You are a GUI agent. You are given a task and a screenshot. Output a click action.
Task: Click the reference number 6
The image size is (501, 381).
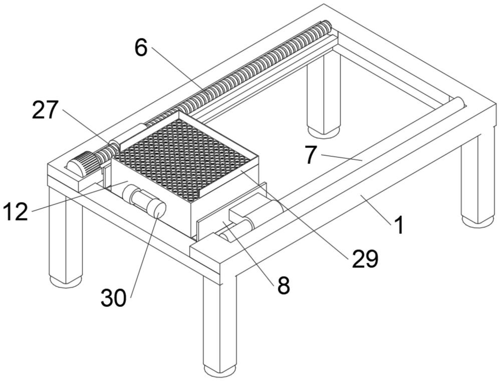[141, 48]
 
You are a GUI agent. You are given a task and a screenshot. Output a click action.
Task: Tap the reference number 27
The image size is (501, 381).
[46, 110]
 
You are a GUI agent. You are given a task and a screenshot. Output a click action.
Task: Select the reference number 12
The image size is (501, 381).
[15, 212]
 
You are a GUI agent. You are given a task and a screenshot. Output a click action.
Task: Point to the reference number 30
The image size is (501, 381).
[114, 298]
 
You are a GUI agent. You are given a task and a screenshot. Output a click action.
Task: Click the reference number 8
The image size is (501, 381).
[284, 286]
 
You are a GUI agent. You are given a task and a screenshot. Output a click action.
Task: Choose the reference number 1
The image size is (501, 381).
[398, 225]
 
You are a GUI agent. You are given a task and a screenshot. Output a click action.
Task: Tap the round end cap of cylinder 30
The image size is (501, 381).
[159, 210]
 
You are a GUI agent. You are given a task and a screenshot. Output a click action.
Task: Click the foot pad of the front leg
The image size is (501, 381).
[220, 371]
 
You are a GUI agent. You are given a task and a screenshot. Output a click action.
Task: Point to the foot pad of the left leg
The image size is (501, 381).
[66, 281]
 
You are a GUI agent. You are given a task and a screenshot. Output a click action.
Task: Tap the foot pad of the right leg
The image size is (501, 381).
[477, 221]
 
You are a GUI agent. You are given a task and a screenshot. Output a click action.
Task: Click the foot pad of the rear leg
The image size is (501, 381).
[324, 132]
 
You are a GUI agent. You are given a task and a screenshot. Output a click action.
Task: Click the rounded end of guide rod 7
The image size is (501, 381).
[458, 102]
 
